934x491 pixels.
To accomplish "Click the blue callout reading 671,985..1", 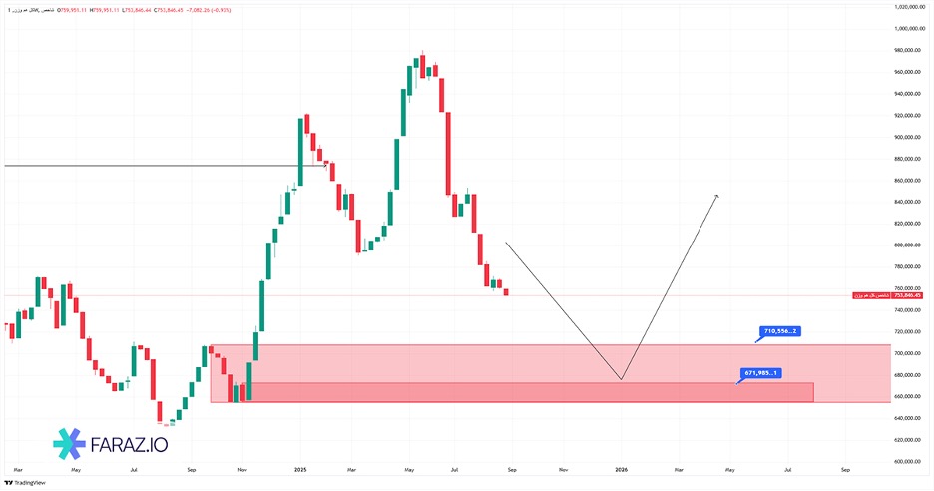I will click(761, 373).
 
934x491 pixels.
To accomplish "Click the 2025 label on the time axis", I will click(300, 468).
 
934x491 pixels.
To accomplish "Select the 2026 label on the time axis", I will click(621, 468).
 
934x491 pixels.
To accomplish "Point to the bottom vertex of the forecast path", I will click(621, 379).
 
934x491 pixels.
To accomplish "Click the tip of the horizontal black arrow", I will click(327, 165).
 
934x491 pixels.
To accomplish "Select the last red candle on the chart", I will click(506, 291).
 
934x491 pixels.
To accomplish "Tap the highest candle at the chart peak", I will click(422, 66).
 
